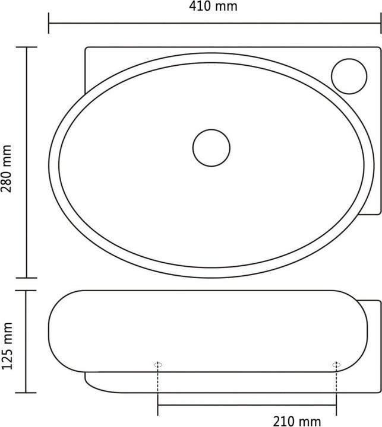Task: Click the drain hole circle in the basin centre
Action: [211, 146]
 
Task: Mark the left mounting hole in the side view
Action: [158, 364]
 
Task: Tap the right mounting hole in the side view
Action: [336, 364]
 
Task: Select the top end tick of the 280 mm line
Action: [27, 47]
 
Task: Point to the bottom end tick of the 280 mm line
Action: [27, 277]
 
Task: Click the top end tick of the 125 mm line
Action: [27, 291]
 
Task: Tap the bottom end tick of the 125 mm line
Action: [27, 392]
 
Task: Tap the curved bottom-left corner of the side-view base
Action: [92, 384]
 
